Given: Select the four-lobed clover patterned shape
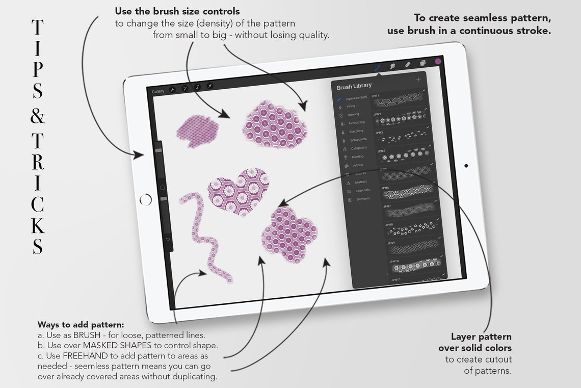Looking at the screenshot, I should [x=289, y=235].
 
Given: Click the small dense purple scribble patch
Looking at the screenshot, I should [x=197, y=128].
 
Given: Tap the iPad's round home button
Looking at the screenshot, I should [x=145, y=199].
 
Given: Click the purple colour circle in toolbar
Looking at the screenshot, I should [x=437, y=62].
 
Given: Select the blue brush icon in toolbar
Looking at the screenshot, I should [x=378, y=66].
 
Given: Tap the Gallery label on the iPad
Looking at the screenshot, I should [x=158, y=91].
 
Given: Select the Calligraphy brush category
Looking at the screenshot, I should [x=359, y=148].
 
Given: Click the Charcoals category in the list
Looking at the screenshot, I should [x=362, y=191].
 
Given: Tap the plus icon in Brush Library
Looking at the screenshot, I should [x=418, y=80].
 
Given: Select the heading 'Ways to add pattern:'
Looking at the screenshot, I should [x=81, y=324].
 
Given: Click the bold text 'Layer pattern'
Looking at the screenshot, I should [x=481, y=337].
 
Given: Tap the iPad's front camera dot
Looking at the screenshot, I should [x=466, y=166].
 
